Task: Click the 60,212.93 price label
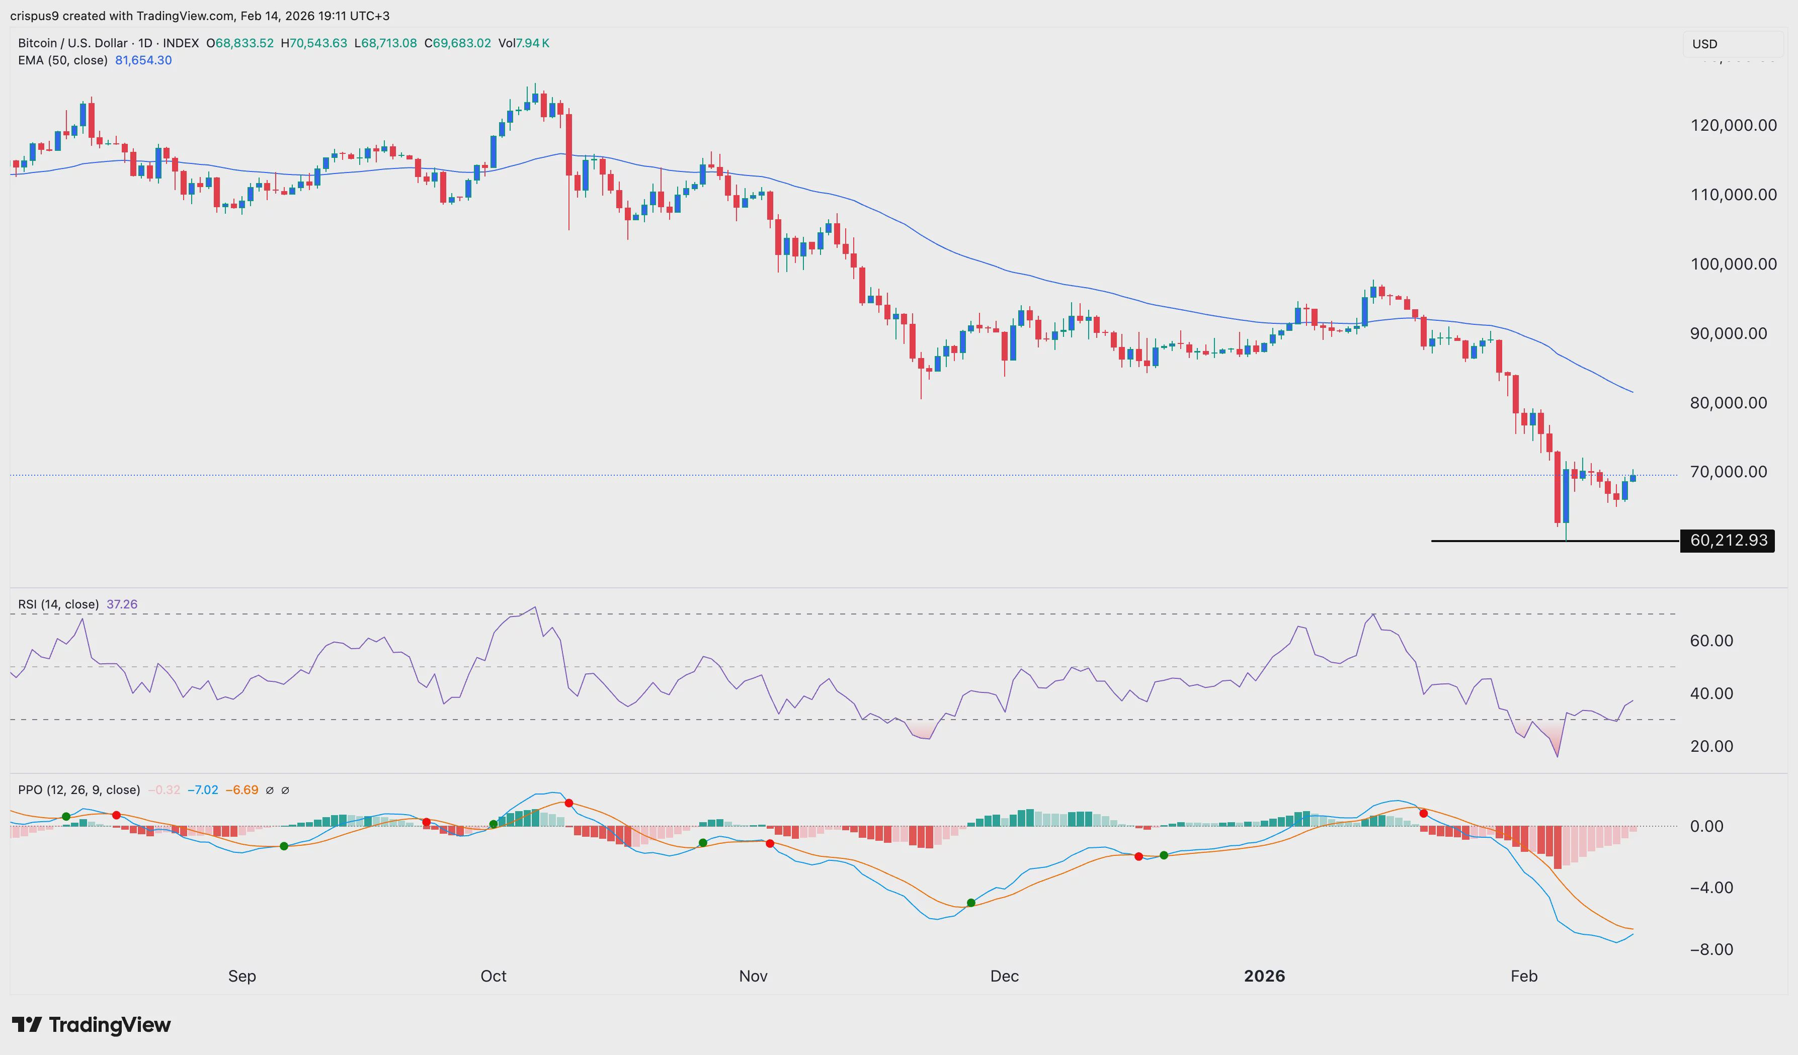(1728, 541)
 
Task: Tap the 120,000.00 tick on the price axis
(1733, 126)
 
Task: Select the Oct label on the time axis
(493, 976)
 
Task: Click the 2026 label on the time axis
(1264, 976)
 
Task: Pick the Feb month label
(1523, 976)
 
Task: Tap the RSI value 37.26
(122, 604)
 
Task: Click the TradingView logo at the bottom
(92, 1025)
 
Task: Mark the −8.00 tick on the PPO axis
(1711, 949)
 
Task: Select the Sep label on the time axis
(242, 976)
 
